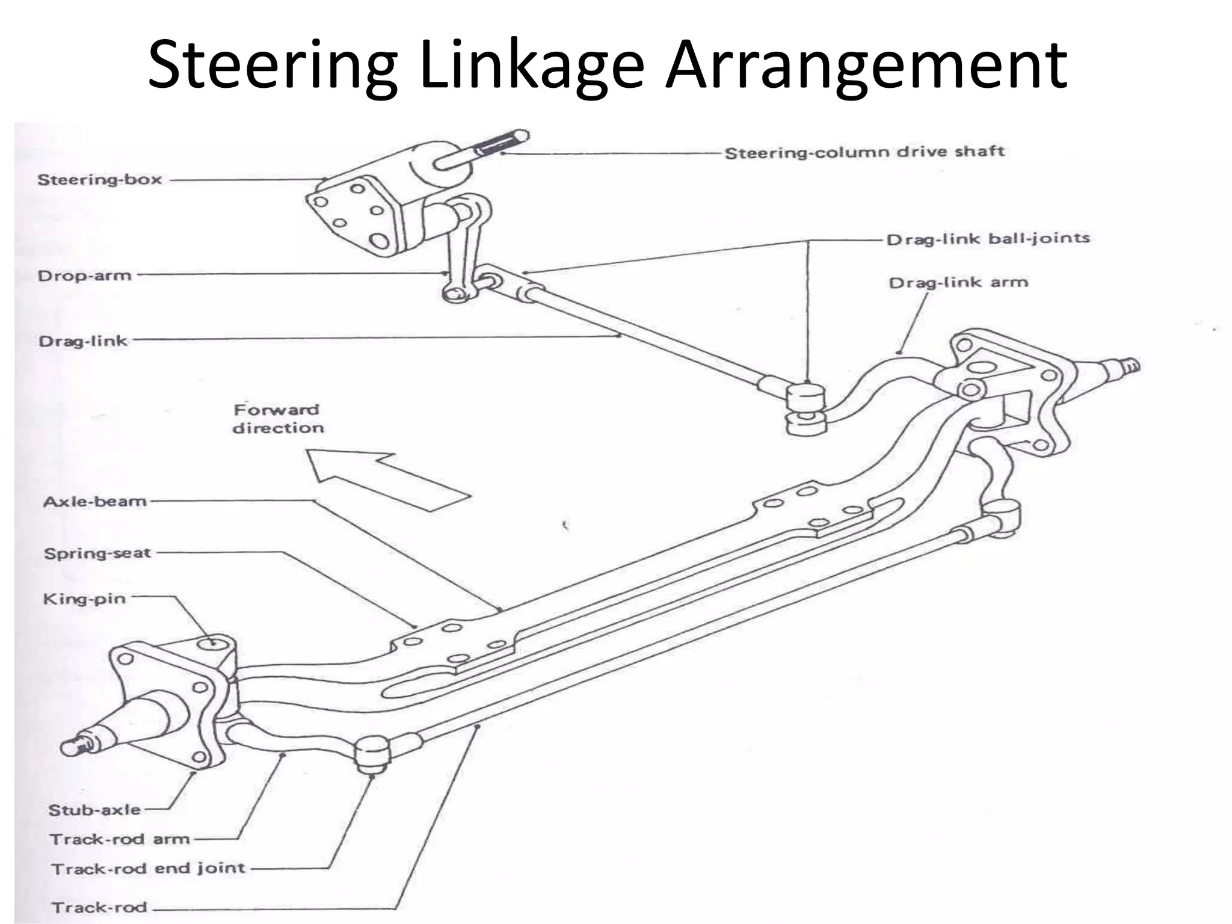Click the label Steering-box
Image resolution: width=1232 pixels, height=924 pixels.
pyautogui.click(x=99, y=180)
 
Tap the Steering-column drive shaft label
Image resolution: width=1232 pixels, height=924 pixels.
pyautogui.click(x=864, y=152)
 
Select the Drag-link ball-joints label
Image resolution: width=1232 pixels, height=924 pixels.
pyautogui.click(x=988, y=239)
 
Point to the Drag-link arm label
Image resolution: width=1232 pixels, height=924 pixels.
pyautogui.click(x=958, y=283)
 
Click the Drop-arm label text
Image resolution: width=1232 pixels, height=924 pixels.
pyautogui.click(x=84, y=276)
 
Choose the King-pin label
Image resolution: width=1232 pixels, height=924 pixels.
pyautogui.click(x=84, y=599)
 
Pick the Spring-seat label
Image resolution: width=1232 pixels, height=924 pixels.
pyautogui.click(x=97, y=553)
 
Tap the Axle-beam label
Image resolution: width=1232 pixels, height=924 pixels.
pyautogui.click(x=95, y=501)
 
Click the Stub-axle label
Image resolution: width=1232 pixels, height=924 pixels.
pyautogui.click(x=94, y=810)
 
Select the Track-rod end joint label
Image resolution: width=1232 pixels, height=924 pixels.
pyautogui.click(x=148, y=869)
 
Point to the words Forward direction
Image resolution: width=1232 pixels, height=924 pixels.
pyautogui.click(x=277, y=419)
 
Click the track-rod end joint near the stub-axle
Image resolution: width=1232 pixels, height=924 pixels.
pyautogui.click(x=371, y=753)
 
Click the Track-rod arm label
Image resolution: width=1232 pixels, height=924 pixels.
pyautogui.click(x=119, y=839)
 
